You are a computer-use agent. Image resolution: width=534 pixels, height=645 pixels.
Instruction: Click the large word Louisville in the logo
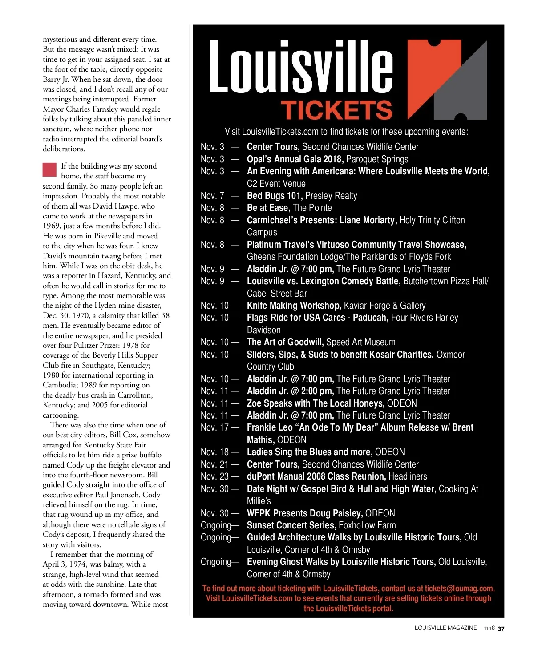tap(301, 67)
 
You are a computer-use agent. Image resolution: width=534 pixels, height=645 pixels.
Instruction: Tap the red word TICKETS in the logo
tap(336, 110)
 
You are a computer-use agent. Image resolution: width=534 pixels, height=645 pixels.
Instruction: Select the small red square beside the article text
tap(49, 169)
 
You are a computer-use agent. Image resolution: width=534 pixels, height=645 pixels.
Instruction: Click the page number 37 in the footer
tap(501, 629)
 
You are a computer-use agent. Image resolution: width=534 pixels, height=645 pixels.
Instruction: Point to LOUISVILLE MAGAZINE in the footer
tap(445, 628)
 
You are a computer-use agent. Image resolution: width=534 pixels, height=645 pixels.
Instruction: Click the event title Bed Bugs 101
tap(274, 196)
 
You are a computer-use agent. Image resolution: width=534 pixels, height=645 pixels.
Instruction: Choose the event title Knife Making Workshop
tap(294, 306)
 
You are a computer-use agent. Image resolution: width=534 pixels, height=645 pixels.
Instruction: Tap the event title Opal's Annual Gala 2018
tap(295, 159)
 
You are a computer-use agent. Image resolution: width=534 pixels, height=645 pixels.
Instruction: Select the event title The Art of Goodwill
tap(285, 342)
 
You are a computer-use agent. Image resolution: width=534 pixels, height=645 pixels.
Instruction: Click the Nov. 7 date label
tap(212, 196)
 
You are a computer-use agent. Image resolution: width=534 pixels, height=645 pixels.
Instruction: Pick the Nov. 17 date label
tap(214, 427)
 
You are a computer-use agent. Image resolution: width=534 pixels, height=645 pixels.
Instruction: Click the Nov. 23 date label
tap(214, 476)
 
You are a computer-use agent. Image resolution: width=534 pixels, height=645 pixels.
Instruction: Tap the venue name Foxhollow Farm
tap(367, 525)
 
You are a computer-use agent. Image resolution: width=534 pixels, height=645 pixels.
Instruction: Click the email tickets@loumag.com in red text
tap(459, 589)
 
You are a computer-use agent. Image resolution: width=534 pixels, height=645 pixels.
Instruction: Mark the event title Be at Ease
tap(268, 208)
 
